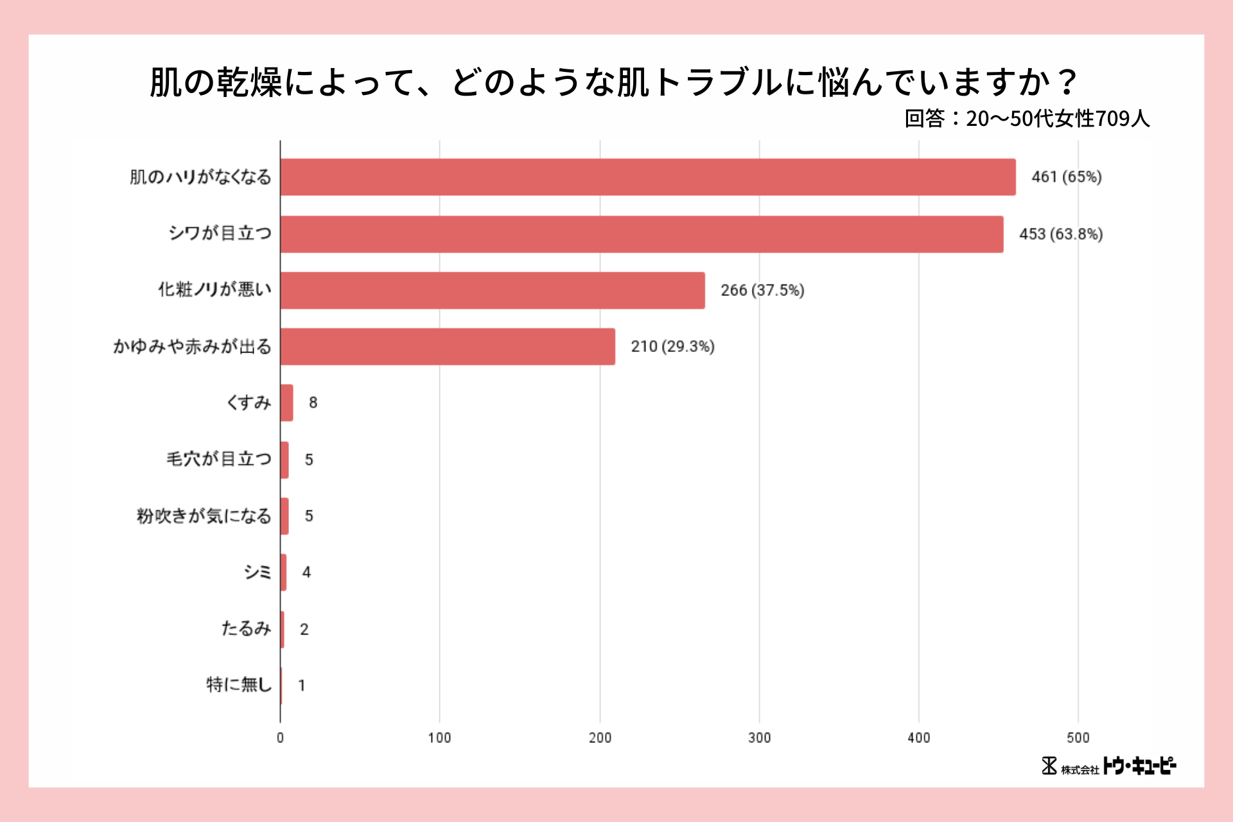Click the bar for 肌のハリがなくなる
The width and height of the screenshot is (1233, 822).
[x=647, y=177]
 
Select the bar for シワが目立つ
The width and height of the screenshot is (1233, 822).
[x=641, y=234]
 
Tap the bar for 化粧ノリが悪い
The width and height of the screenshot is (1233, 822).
[x=492, y=290]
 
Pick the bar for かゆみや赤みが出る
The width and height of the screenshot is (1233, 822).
[x=447, y=347]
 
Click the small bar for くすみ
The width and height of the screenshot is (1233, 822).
[x=287, y=403]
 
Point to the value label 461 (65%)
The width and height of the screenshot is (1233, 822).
[x=1066, y=177]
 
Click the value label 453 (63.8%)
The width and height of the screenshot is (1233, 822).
[x=1060, y=234]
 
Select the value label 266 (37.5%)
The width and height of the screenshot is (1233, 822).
[x=762, y=290]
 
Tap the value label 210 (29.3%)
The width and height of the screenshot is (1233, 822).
[x=672, y=347]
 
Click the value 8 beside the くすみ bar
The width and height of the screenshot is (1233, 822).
[x=313, y=403]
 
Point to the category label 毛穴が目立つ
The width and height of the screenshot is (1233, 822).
[x=219, y=459]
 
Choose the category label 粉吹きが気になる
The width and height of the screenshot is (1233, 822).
[x=204, y=516]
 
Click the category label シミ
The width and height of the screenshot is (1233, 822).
[x=257, y=572]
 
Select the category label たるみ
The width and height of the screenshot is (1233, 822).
[x=246, y=628]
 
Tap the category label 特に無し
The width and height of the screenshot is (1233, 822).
[x=239, y=685]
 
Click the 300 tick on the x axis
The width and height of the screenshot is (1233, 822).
[x=759, y=738]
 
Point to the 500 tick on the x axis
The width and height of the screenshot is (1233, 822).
[x=1078, y=738]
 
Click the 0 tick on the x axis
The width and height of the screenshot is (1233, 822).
[x=280, y=738]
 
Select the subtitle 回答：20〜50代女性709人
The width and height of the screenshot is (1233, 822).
[x=1026, y=119]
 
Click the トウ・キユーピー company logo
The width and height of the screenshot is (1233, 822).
[x=1109, y=766]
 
